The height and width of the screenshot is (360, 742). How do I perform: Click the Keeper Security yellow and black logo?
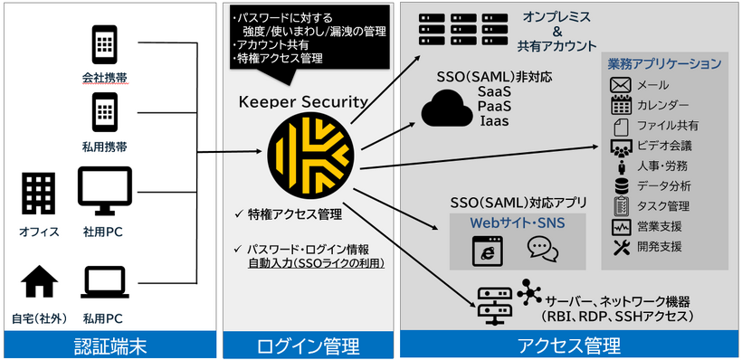coord(307,156)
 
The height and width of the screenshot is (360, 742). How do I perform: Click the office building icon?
coord(39,194)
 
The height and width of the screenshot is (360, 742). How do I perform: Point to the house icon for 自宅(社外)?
coord(39,283)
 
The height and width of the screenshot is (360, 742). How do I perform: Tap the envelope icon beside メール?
coord(621,85)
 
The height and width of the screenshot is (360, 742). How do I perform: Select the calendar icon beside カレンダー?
coord(621,105)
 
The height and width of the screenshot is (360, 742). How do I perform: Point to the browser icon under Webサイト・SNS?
coord(486,248)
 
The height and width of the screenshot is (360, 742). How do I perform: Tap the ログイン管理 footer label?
coord(309,345)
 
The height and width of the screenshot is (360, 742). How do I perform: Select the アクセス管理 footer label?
coord(569,345)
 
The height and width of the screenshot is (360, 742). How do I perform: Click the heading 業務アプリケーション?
coord(663,63)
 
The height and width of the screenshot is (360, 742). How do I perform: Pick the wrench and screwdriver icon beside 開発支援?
coord(621,246)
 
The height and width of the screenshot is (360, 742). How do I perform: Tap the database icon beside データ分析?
coord(621,185)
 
